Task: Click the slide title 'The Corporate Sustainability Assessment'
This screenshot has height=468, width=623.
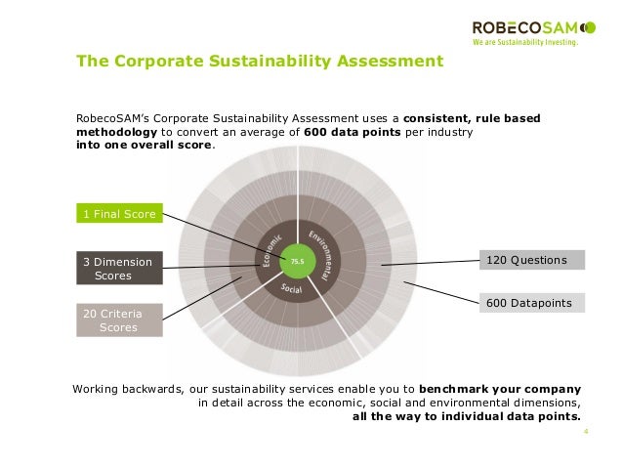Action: [260, 63]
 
